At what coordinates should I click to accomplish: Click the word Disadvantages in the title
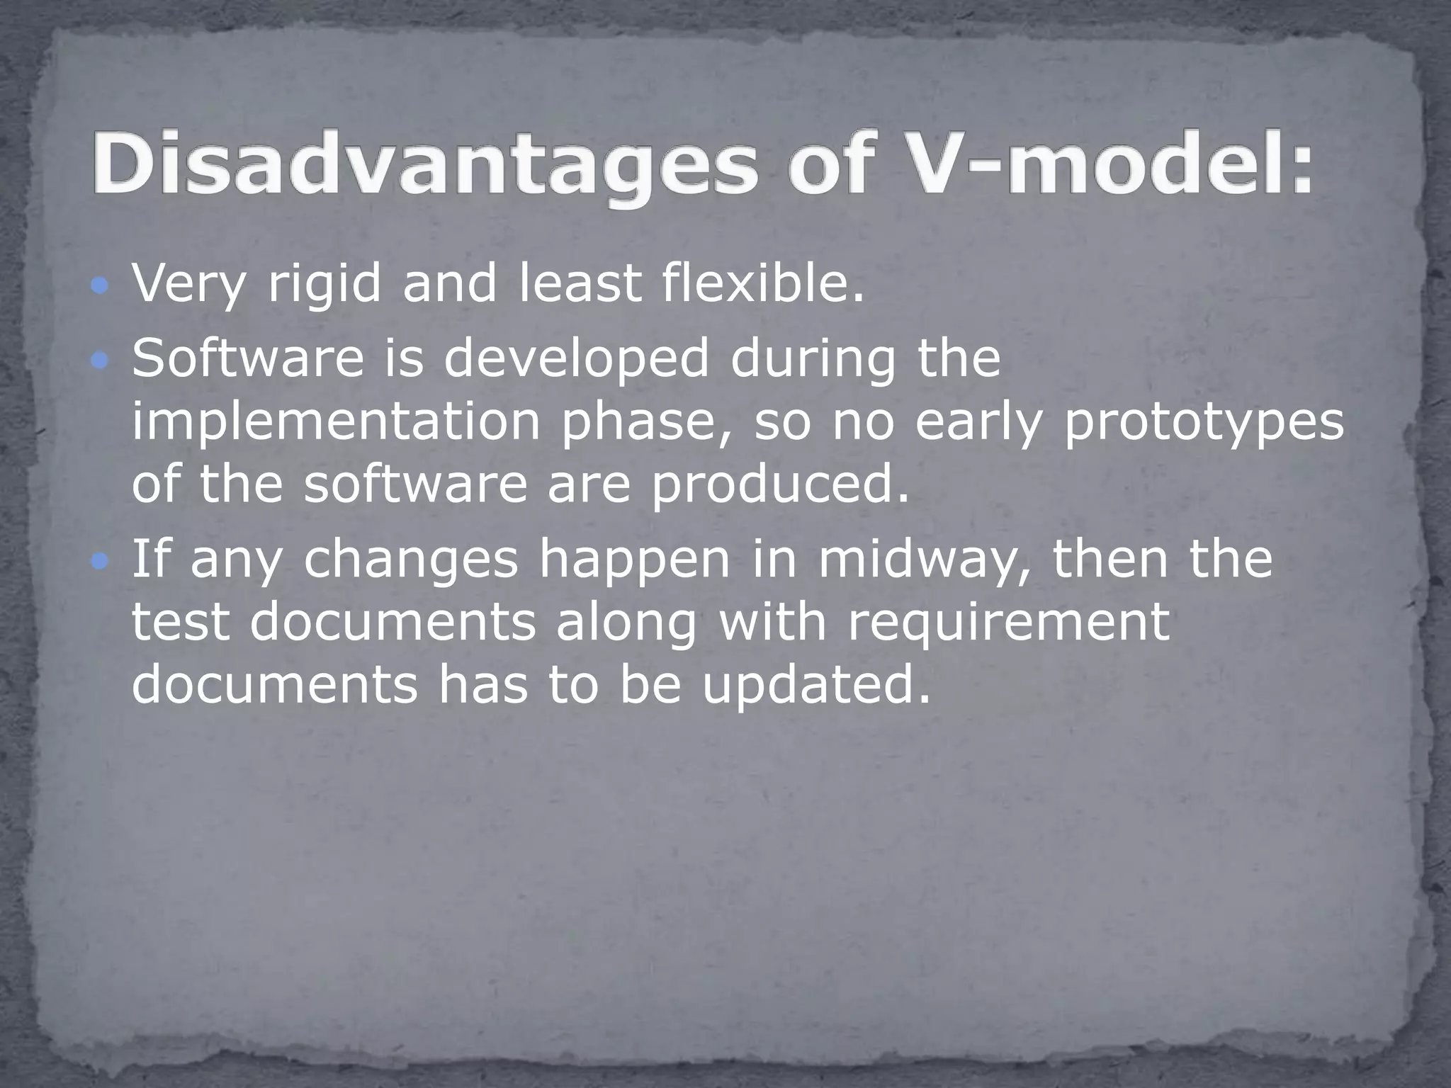pos(425,164)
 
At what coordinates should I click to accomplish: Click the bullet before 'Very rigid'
pos(101,286)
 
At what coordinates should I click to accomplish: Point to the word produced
pos(780,486)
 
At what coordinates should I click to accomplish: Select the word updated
pos(815,686)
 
